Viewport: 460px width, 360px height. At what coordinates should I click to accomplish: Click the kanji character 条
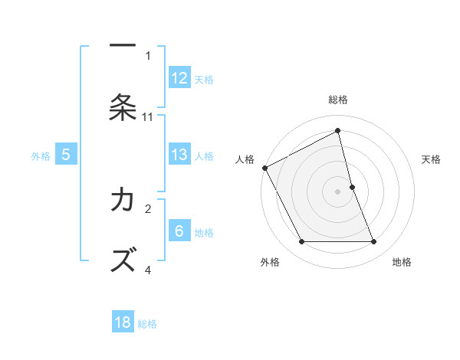pyautogui.click(x=123, y=107)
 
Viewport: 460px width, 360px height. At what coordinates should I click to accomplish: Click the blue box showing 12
pyautogui.click(x=179, y=78)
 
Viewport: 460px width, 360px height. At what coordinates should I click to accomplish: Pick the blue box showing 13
pyautogui.click(x=179, y=155)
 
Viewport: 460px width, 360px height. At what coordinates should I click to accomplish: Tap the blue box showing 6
pyautogui.click(x=179, y=232)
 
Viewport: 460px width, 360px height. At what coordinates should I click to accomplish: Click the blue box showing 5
pyautogui.click(x=66, y=155)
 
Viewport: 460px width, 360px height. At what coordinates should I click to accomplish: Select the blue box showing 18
pyautogui.click(x=123, y=322)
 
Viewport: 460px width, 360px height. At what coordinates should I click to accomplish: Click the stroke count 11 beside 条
pyautogui.click(x=148, y=116)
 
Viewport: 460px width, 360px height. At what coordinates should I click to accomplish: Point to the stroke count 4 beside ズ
pyautogui.click(x=148, y=270)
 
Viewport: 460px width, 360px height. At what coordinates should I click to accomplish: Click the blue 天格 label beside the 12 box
pyautogui.click(x=204, y=79)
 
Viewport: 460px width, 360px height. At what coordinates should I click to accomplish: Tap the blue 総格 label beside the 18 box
pyautogui.click(x=147, y=323)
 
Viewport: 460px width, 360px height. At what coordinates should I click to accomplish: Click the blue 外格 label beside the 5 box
pyautogui.click(x=41, y=156)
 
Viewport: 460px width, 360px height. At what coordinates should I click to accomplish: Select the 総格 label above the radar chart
pyautogui.click(x=338, y=100)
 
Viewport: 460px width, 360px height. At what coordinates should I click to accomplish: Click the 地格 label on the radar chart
pyautogui.click(x=402, y=262)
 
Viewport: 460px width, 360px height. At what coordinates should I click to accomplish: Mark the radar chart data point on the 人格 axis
pyautogui.click(x=264, y=168)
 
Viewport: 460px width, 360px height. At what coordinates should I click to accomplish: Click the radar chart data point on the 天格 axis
pyautogui.click(x=352, y=187)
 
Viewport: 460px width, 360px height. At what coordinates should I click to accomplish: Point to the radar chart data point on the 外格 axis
pyautogui.click(x=301, y=242)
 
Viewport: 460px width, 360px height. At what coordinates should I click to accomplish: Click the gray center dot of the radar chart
pyautogui.click(x=338, y=191)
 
